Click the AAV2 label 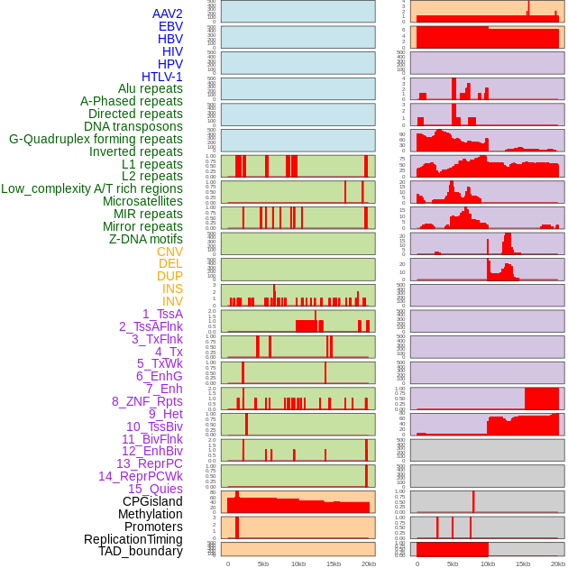pos(167,14)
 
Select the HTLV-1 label pos(161,77)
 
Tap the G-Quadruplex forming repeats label pos(96,139)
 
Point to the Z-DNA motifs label pos(145,239)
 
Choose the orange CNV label pos(169,252)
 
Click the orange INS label pos(171,289)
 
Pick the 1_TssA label pos(162,314)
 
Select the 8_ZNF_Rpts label pos(147,401)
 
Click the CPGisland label pos(152,501)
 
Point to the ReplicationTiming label pos(133,539)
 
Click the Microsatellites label pos(142,201)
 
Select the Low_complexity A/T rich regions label pos(92,188)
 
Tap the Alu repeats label pos(151,88)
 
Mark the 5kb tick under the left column pos(263,563)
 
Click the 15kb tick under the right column pos(523,563)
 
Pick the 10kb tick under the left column pos(298,563)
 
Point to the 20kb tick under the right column pos(558,563)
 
